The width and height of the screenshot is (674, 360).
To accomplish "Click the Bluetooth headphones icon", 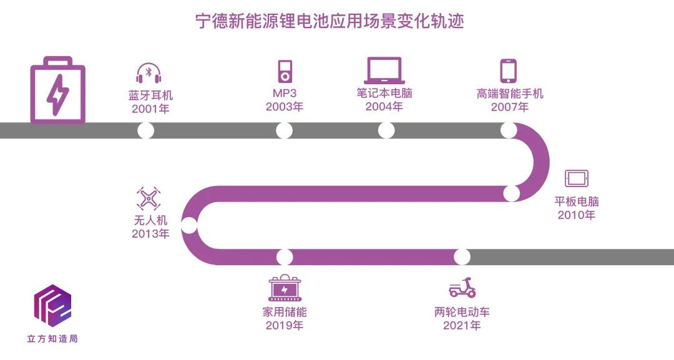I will [x=149, y=74].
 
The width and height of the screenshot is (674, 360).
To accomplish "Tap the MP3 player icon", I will [x=285, y=71].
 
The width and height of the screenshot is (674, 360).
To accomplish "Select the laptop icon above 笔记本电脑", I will [x=384, y=71].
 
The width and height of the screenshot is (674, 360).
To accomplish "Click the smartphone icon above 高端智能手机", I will [x=509, y=71].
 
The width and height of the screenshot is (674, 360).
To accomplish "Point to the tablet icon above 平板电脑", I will [x=577, y=178].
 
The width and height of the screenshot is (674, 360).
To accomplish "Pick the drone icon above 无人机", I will [x=149, y=199].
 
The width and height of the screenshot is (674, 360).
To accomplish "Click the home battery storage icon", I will [x=285, y=289].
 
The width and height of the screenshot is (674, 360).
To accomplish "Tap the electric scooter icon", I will [x=462, y=288].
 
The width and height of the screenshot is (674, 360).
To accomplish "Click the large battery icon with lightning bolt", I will [x=57, y=90].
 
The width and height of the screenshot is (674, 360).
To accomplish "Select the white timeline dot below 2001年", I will [x=145, y=130].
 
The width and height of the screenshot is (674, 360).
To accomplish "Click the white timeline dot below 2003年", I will [x=285, y=130].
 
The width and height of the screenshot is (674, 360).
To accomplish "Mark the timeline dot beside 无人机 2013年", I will [x=189, y=225].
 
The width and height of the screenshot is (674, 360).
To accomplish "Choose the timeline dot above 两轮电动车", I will [x=462, y=256].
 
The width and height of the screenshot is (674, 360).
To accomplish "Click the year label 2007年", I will [x=509, y=107].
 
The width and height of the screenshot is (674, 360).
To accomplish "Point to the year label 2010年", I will [x=576, y=215].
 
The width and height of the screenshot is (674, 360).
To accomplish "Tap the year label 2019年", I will [x=285, y=325].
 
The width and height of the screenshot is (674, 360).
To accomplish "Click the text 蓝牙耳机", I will [x=150, y=95].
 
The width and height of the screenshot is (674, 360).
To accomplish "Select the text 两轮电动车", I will [x=462, y=312].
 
